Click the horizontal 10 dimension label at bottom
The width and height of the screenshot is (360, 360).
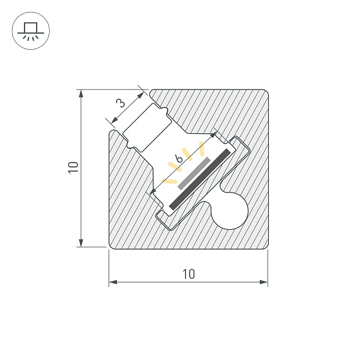click(x=188, y=274)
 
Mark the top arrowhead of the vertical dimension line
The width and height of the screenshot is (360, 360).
click(x=80, y=93)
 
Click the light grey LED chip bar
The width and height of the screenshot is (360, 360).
click(x=192, y=175)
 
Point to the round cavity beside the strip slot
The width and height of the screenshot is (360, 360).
click(x=231, y=211)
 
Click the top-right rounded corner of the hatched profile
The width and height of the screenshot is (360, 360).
click(x=264, y=94)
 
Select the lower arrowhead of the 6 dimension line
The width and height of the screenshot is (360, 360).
click(x=152, y=192)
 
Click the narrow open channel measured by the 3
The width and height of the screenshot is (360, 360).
click(x=148, y=127)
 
